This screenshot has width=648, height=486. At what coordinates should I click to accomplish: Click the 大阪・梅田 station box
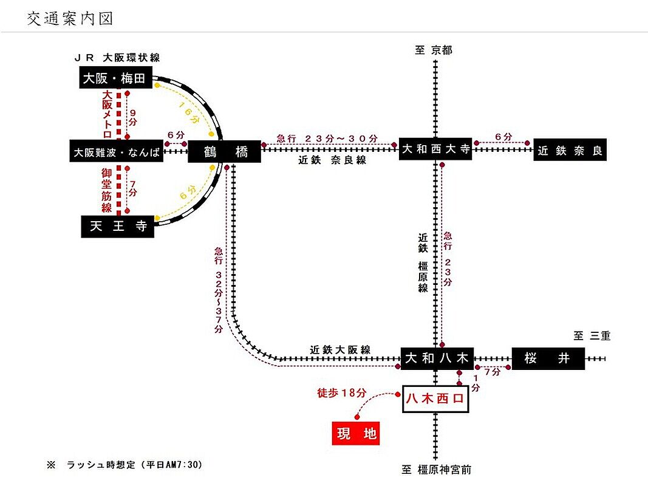(116, 78)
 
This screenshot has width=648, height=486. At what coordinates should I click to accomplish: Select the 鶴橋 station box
(225, 152)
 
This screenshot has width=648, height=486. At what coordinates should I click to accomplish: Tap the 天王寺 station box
(117, 226)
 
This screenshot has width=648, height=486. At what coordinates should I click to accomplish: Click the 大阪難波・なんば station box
(116, 152)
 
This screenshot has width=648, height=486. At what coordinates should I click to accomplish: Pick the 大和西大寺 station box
(435, 149)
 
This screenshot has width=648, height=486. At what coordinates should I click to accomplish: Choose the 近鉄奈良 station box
(570, 149)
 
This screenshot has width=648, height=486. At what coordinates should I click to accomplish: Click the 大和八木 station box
(437, 358)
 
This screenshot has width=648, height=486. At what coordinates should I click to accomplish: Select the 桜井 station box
(548, 358)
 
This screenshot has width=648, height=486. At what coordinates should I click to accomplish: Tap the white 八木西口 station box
(435, 399)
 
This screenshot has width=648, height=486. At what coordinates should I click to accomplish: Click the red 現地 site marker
(356, 433)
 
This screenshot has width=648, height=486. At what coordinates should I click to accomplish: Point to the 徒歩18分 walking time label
(342, 392)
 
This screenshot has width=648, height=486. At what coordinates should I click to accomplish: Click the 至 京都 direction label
(434, 50)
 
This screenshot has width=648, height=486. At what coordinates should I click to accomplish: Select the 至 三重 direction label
(592, 335)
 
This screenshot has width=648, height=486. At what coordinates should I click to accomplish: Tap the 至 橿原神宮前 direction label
(437, 470)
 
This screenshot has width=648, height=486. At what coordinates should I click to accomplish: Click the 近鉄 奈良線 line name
(332, 160)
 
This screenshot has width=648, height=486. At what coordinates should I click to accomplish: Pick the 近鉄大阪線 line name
(339, 350)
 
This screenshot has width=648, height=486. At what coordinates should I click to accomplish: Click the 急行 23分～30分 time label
(327, 139)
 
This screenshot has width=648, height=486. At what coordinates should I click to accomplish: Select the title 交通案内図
(70, 19)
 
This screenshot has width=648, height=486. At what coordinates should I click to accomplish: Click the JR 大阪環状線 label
(117, 58)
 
